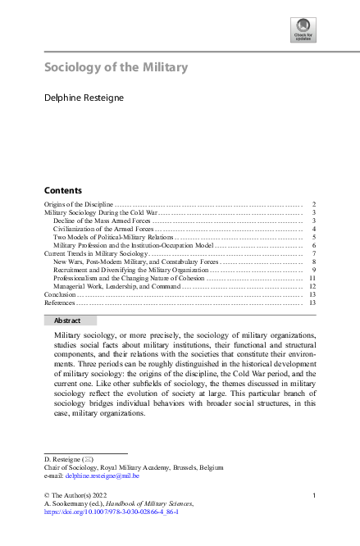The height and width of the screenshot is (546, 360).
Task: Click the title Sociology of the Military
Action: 116,67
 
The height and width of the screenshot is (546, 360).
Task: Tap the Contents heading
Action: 62,189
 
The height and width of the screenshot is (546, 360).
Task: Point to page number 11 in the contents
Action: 312,279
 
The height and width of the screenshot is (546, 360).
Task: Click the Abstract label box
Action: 70,321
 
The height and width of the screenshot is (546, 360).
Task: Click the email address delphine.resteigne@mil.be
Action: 103,475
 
